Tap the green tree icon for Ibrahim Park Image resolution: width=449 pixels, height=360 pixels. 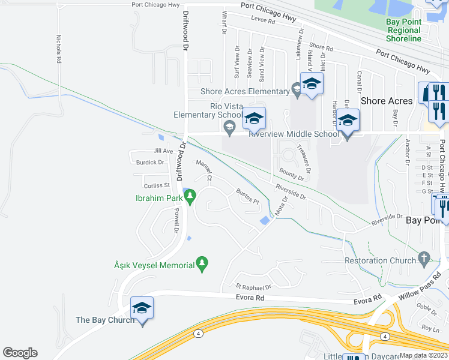[x=191, y=197]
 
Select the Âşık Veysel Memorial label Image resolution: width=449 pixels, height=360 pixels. [x=154, y=265]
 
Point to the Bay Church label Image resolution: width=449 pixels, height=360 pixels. [x=106, y=320]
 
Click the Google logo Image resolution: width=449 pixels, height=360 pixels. [x=20, y=353]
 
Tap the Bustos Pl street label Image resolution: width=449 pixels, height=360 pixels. [x=247, y=197]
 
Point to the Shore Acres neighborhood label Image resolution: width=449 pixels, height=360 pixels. [x=387, y=101]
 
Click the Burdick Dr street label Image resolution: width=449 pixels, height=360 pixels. [x=150, y=162]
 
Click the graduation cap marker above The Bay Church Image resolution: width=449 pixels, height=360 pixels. [x=142, y=308]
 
